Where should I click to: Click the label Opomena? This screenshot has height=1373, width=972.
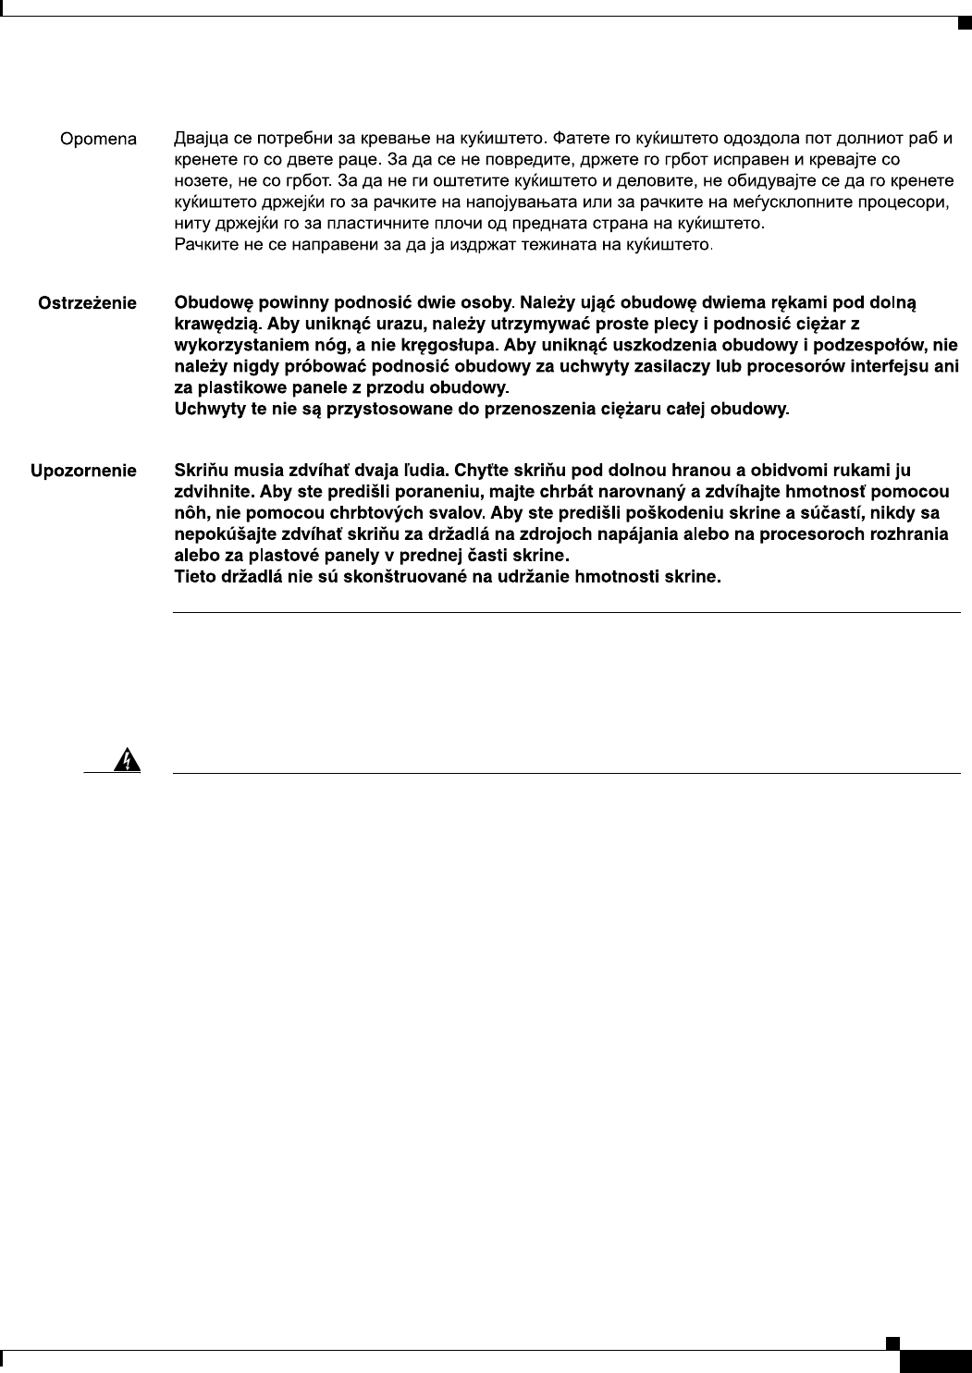tap(98, 141)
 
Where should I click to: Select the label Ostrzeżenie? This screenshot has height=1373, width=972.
tap(87, 303)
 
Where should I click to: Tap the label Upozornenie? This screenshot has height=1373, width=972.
tap(84, 472)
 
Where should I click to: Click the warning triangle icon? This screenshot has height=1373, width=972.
tap(123, 760)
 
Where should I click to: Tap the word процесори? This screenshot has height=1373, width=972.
tap(908, 202)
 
